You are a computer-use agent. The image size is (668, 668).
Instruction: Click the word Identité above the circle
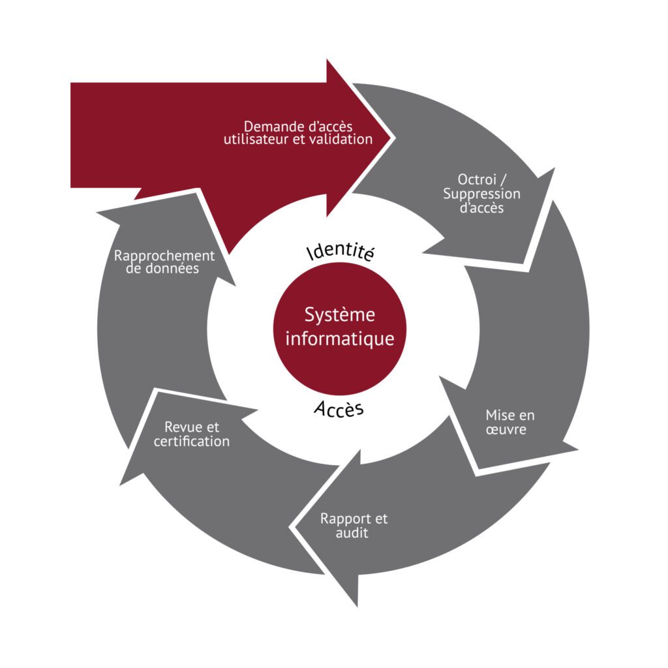point(341,251)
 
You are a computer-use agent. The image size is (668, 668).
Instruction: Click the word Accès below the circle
point(339,409)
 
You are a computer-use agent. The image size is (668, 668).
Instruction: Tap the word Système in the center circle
point(339,315)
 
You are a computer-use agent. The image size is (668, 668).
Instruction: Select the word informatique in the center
point(339,339)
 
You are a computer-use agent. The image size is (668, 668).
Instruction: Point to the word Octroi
point(477,179)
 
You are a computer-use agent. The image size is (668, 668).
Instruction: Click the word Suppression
point(481,194)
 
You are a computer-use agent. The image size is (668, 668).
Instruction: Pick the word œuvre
point(506,429)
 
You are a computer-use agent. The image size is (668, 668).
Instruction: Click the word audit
point(352,533)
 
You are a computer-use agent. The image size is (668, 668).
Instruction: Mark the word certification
point(192,442)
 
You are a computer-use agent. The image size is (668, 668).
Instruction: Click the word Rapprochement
point(164,256)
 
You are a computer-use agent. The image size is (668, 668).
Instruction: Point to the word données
point(172,268)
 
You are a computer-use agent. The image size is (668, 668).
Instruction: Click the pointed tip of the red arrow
point(395,138)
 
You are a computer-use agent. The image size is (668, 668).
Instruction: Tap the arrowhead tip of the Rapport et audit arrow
point(291,527)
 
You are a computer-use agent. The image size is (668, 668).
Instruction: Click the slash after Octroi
point(504,180)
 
